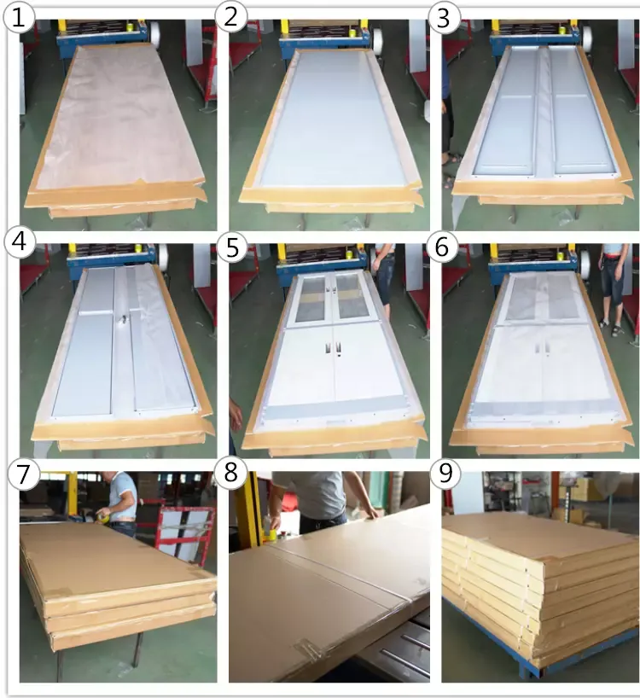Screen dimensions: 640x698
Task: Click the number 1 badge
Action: tap(19, 18)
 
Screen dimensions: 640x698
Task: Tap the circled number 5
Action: tap(232, 247)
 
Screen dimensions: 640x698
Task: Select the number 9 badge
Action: tap(445, 474)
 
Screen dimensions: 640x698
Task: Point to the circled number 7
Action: tap(23, 474)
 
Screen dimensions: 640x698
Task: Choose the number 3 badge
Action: tap(443, 19)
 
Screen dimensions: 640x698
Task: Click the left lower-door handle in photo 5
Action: tap(328, 351)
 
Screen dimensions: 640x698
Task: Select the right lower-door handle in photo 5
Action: tap(338, 350)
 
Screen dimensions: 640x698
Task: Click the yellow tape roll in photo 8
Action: tap(271, 536)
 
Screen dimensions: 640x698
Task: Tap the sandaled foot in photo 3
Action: tap(451, 158)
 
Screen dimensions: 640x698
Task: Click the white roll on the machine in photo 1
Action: tap(155, 33)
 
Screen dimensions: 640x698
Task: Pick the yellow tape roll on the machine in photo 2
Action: tap(352, 32)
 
